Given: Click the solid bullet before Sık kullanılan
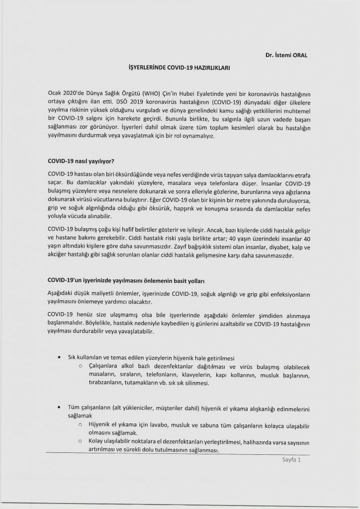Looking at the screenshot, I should click(61, 357).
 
